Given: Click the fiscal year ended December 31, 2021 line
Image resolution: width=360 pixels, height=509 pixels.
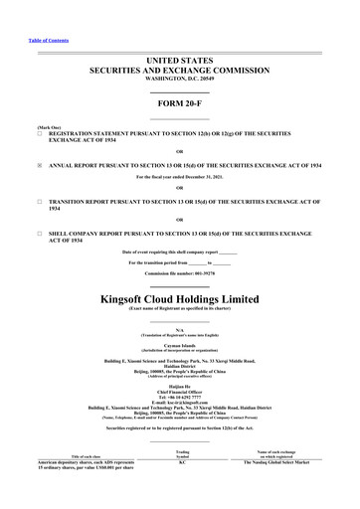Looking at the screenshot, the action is point(180,177).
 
